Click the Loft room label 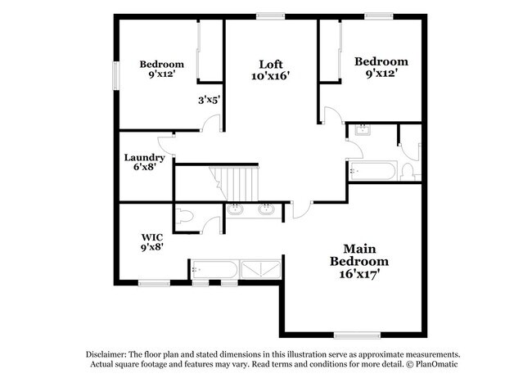[272, 64]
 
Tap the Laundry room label [145, 157]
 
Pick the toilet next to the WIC [184, 218]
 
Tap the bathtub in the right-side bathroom [372, 171]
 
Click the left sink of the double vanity [237, 209]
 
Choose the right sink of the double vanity [266, 209]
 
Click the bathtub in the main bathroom [214, 268]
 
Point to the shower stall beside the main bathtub [261, 268]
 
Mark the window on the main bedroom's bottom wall [358, 334]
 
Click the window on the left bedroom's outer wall [115, 74]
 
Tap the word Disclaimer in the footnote [110, 353]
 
